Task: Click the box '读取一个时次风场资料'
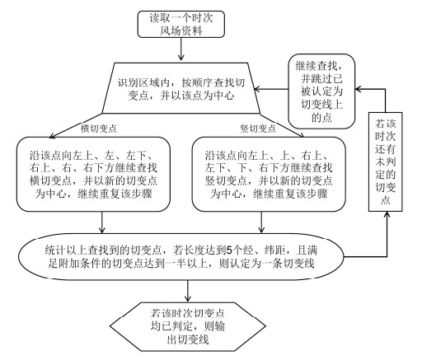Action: [x=181, y=24]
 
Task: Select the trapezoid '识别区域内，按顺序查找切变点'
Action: [x=181, y=88]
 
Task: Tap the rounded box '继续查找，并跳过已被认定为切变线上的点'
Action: [x=321, y=91]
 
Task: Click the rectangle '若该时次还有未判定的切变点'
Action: [x=385, y=161]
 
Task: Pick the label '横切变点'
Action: [x=98, y=129]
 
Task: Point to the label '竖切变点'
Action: [x=258, y=129]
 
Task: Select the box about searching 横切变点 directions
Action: [x=93, y=175]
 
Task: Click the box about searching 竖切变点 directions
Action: [x=269, y=175]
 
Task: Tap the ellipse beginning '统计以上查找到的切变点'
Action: [x=181, y=257]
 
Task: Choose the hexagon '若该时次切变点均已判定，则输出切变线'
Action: [x=188, y=327]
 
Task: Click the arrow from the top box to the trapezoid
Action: [x=181, y=49]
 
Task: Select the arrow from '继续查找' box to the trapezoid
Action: [x=271, y=89]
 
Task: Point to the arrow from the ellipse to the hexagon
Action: [x=188, y=291]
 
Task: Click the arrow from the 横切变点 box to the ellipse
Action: [x=102, y=222]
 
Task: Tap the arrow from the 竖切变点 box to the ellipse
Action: [x=261, y=222]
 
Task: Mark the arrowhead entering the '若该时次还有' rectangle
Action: [x=387, y=215]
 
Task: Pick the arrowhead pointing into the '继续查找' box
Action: [x=359, y=89]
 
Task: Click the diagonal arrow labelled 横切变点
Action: [x=76, y=125]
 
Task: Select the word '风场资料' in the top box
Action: [x=181, y=30]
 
